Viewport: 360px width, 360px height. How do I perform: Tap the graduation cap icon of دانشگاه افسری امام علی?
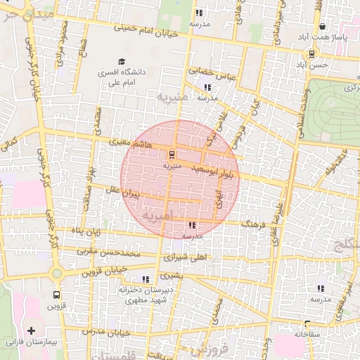click(x=122, y=62)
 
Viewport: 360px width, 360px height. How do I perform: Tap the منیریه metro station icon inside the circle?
click(x=173, y=155)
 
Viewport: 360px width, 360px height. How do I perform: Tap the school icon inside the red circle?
click(x=192, y=225)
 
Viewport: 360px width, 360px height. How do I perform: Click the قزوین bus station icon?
click(x=56, y=295)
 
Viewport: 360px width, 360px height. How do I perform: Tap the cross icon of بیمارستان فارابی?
click(x=30, y=330)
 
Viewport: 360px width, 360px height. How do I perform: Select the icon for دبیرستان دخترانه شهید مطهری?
click(x=146, y=279)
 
